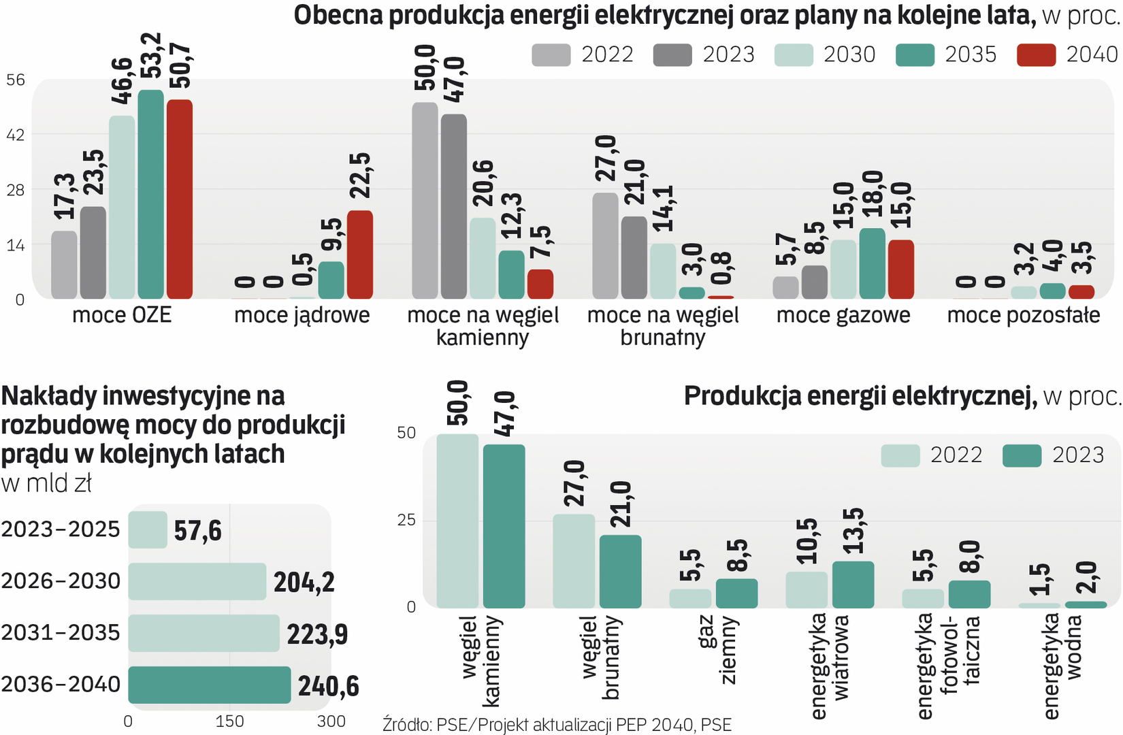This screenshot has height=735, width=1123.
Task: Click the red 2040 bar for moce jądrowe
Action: click(x=360, y=255)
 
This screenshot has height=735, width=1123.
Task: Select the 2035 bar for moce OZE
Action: click(x=150, y=195)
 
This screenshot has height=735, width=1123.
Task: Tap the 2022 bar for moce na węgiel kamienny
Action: click(x=425, y=201)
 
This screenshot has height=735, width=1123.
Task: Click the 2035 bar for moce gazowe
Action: click(x=873, y=263)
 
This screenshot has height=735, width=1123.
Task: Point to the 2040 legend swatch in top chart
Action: click(x=1036, y=55)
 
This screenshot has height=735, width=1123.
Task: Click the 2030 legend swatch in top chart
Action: click(x=794, y=55)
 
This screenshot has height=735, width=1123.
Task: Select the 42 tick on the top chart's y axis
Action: click(x=16, y=135)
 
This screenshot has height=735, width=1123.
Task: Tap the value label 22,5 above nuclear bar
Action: click(x=360, y=176)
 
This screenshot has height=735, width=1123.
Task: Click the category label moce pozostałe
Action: click(x=1024, y=315)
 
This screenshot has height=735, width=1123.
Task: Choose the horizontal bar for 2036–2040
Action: click(x=210, y=685)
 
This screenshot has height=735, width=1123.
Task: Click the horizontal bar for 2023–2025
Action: click(x=148, y=529)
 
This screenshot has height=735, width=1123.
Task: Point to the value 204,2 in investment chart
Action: click(x=304, y=583)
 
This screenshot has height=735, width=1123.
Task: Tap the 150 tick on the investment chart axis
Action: click(x=229, y=721)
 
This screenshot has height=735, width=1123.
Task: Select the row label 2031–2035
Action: click(x=61, y=633)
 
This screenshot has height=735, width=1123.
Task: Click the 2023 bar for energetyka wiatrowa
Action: click(x=853, y=585)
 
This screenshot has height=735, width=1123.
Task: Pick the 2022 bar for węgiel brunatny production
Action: click(x=574, y=561)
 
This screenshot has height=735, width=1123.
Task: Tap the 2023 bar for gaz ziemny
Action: click(x=736, y=593)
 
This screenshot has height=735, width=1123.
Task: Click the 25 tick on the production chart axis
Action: click(x=406, y=521)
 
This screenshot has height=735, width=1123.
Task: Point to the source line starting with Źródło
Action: click(x=557, y=725)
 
